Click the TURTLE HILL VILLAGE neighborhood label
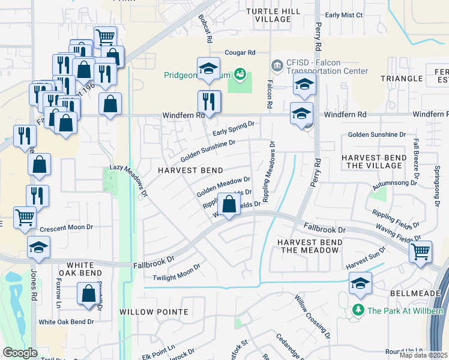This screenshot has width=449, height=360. click(x=273, y=15)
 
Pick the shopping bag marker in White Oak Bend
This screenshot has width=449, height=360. click(x=88, y=295)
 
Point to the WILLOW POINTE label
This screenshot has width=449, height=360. click(x=154, y=312)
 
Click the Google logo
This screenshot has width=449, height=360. click(x=20, y=353)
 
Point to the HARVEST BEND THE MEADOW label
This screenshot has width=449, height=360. click(x=310, y=246)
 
